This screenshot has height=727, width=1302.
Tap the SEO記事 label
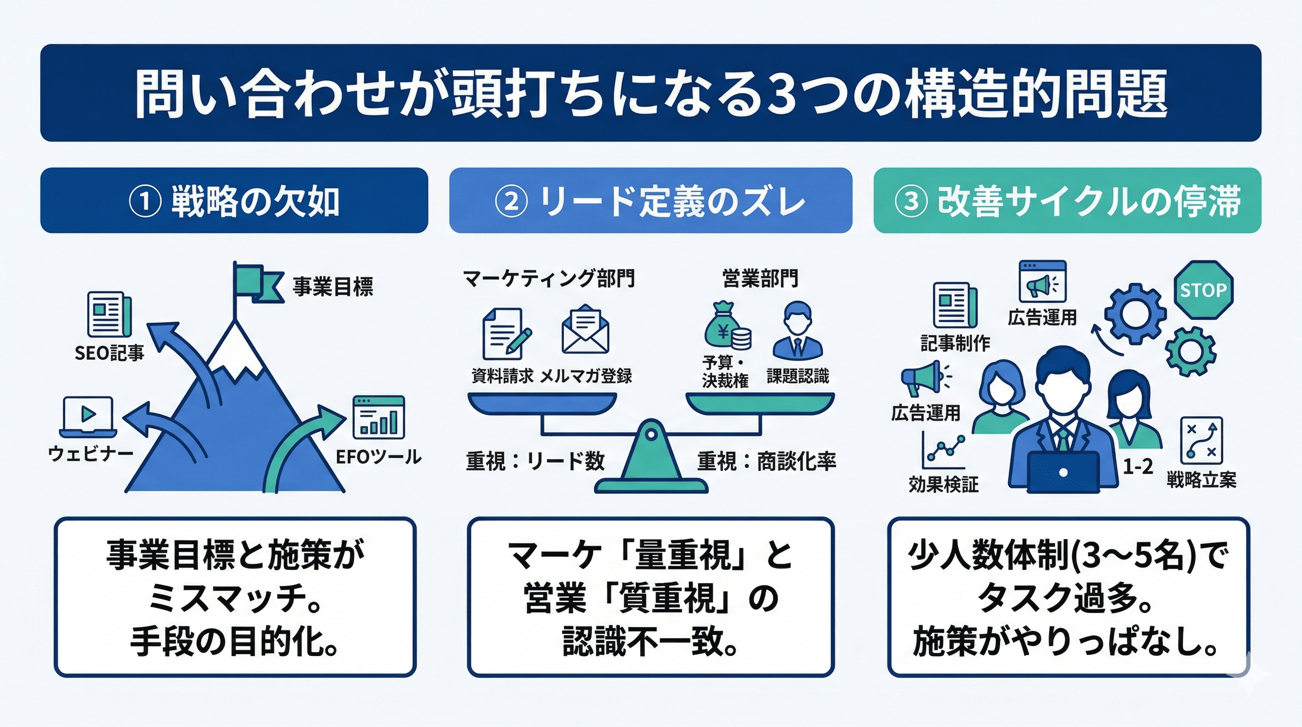[x=109, y=353]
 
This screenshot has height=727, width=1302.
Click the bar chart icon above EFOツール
[x=378, y=417]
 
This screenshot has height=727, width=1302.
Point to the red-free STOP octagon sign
[x=1203, y=290]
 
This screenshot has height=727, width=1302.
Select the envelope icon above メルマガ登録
[x=585, y=329]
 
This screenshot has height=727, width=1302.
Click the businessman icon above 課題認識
[x=798, y=331]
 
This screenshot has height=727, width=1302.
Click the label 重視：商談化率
[x=766, y=461]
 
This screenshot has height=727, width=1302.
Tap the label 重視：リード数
[x=535, y=461]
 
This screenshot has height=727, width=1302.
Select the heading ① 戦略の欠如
[x=234, y=201]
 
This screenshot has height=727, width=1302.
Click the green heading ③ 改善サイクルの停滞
[x=1067, y=201]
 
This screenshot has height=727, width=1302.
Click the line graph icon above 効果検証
[x=943, y=450]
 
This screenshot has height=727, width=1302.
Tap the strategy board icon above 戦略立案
[x=1201, y=440]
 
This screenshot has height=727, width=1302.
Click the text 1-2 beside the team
[x=1138, y=466]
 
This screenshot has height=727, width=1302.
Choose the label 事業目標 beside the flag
[x=333, y=287]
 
